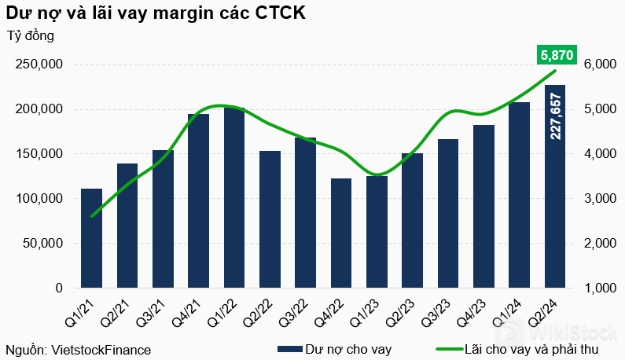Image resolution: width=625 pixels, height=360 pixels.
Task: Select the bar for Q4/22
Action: tap(341, 233)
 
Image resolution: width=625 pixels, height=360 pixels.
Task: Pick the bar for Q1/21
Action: tap(92, 238)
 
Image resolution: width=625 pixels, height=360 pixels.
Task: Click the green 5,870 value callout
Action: tap(556, 55)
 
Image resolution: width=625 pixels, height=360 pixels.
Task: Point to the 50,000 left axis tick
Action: tap(44, 244)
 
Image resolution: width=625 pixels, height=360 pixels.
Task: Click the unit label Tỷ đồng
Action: tap(31, 35)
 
